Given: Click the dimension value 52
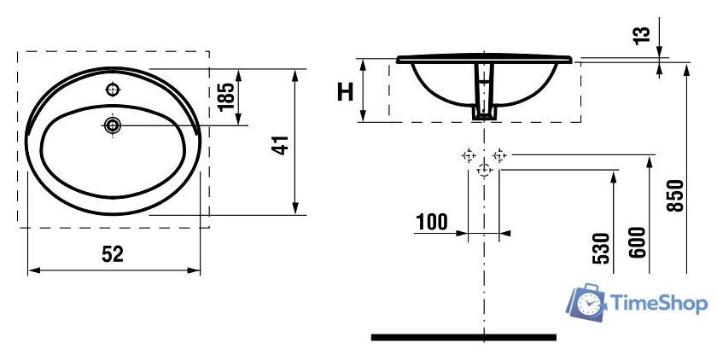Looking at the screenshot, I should (x=113, y=253).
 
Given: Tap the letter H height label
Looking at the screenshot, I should (x=345, y=91).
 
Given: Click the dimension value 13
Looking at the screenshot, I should (x=643, y=33).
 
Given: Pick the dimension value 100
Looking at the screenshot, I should (x=432, y=224).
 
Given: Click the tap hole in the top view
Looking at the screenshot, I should (x=112, y=90).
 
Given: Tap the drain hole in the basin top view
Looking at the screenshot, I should (x=113, y=125).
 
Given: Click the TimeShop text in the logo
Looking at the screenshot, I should (x=656, y=303).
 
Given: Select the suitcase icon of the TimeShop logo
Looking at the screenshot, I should (x=586, y=303).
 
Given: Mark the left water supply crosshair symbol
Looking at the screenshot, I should (x=467, y=155).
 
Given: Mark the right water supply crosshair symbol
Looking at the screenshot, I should (x=500, y=155).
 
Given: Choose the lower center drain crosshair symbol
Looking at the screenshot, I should (x=484, y=171).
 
